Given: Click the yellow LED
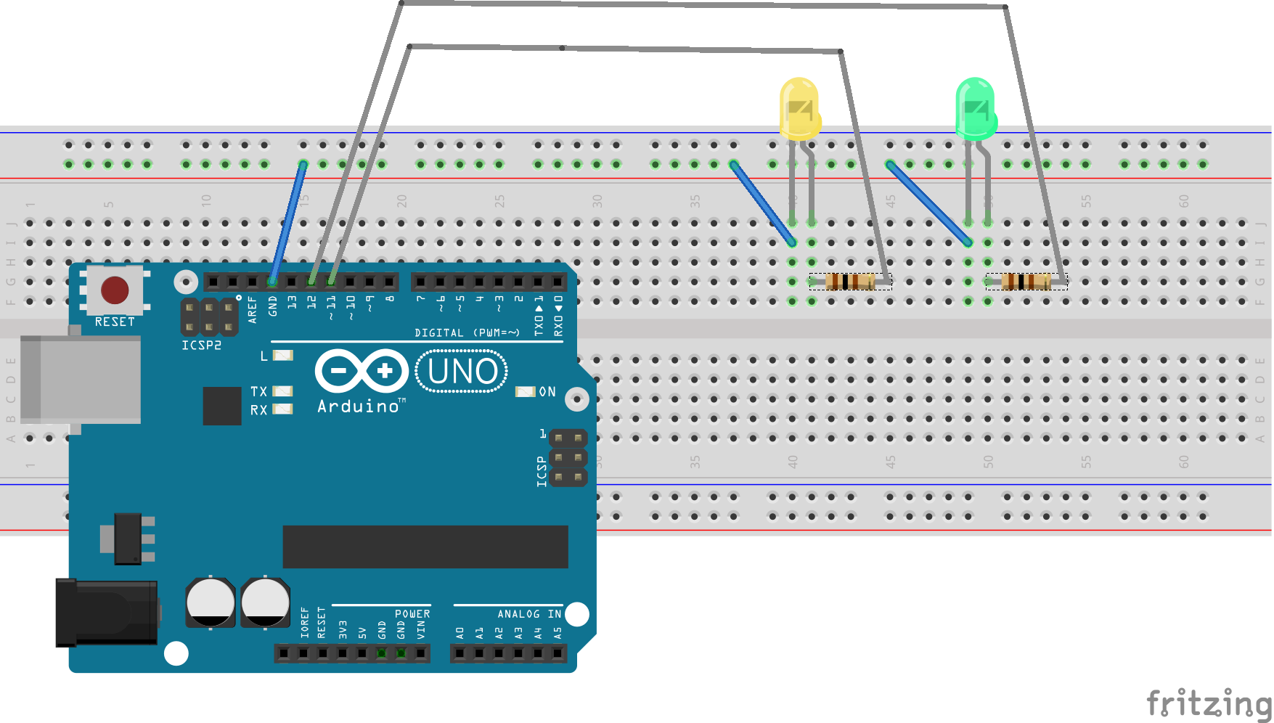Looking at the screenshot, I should pyautogui.click(x=799, y=109).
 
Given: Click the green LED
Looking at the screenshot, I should pyautogui.click(x=976, y=109).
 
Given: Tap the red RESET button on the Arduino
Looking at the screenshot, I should pyautogui.click(x=115, y=290).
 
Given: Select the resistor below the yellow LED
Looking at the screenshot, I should pyautogui.click(x=850, y=282).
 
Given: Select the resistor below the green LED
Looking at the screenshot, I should pyautogui.click(x=1026, y=282).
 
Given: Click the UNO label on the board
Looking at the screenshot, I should pyautogui.click(x=462, y=372).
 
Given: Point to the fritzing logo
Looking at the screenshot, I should pyautogui.click(x=1208, y=703).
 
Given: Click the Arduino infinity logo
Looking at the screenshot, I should pyautogui.click(x=362, y=372).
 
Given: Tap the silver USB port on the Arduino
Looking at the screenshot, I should pyautogui.click(x=80, y=379).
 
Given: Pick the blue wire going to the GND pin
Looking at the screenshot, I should pyautogui.click(x=288, y=221).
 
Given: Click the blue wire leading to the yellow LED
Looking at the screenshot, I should pyautogui.click(x=762, y=203).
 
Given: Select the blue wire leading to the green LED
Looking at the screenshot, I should pyautogui.click(x=929, y=203).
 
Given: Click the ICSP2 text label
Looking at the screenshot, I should pyautogui.click(x=201, y=346).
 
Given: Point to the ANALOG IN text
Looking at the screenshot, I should pyautogui.click(x=528, y=614).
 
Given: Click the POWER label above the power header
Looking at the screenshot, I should pyautogui.click(x=412, y=614).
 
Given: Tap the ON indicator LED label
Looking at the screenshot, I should pyautogui.click(x=547, y=392).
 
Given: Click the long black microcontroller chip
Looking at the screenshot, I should pyautogui.click(x=425, y=547).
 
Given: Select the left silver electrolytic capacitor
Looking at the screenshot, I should pyautogui.click(x=211, y=602).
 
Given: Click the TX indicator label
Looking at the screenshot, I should pyautogui.click(x=259, y=391).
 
